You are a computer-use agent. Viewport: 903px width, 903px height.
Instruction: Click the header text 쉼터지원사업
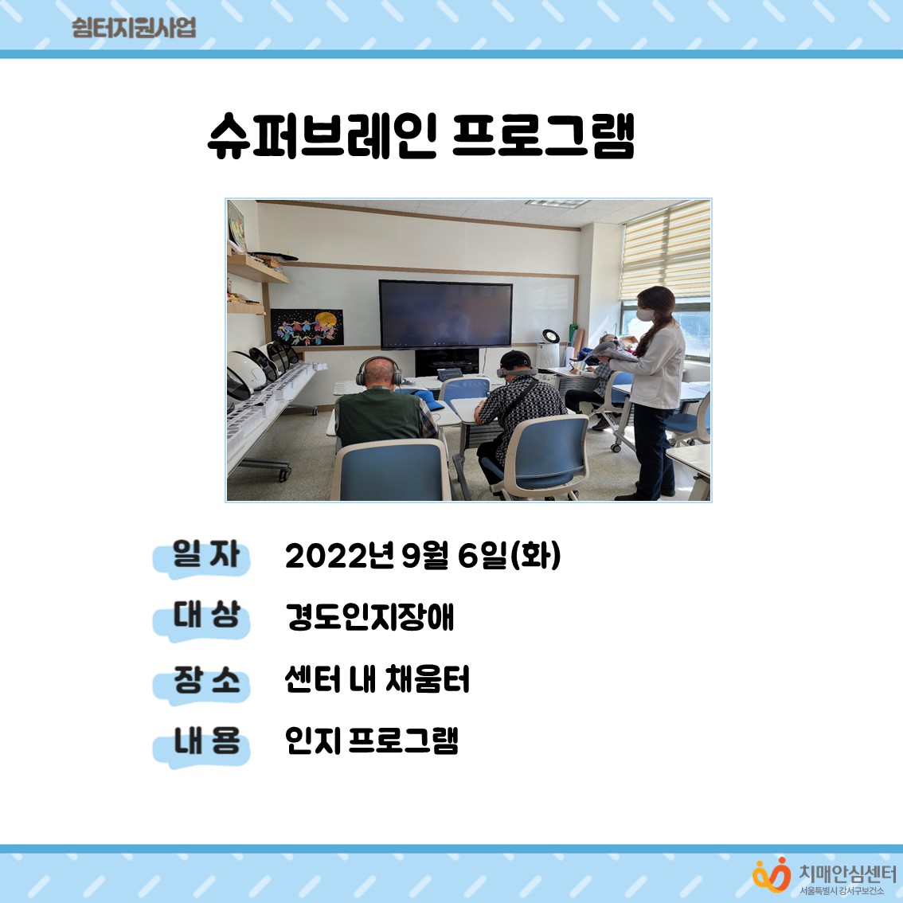(x=134, y=28)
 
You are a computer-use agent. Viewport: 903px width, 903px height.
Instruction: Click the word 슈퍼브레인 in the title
(x=322, y=136)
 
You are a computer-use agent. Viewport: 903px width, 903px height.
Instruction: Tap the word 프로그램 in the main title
(x=543, y=136)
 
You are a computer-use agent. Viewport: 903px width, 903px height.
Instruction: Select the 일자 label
(x=205, y=554)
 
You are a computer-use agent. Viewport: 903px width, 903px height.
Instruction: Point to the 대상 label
(x=206, y=615)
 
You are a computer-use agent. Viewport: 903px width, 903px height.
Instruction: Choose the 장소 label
(x=206, y=679)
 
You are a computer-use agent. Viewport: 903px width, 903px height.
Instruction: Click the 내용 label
(x=206, y=741)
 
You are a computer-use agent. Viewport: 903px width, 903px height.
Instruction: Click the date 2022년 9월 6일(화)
(x=423, y=556)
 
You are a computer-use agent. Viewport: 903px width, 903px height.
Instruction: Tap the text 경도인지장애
(x=369, y=617)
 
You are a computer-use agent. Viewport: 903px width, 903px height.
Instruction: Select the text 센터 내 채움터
(x=377, y=679)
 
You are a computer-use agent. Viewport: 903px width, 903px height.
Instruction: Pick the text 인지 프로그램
(x=371, y=741)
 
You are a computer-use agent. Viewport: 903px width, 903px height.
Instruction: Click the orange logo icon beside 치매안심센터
(x=772, y=875)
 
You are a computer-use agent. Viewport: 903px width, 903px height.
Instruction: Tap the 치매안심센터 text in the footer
(x=847, y=873)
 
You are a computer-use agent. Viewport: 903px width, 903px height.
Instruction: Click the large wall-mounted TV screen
(x=446, y=315)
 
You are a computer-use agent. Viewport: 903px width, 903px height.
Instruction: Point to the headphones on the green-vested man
(x=379, y=371)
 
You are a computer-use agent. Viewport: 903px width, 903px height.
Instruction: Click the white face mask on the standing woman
(x=645, y=315)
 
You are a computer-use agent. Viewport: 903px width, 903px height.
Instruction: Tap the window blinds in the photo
(x=666, y=252)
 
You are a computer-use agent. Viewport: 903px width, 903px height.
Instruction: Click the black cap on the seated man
(x=515, y=359)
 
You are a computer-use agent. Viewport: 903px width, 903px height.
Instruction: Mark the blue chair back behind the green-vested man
(x=391, y=471)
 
